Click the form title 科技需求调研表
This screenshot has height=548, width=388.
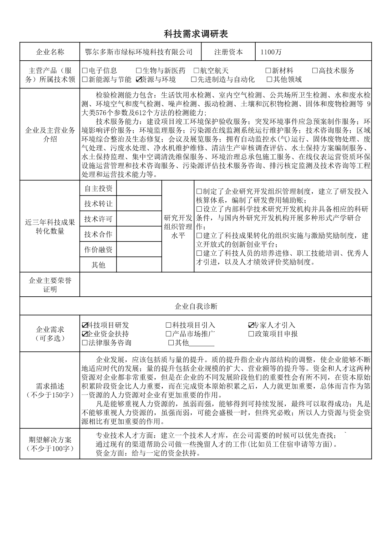[196, 34]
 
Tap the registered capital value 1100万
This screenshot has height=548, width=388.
[271, 52]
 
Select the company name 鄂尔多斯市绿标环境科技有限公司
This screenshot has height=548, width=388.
[139, 52]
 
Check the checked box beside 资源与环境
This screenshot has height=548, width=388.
[139, 80]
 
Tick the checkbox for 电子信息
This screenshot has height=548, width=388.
[85, 71]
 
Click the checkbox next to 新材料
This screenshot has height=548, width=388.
[268, 71]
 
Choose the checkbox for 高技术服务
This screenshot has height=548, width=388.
[315, 71]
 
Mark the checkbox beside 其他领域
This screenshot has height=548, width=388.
[269, 80]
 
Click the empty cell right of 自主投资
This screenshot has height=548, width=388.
[139, 189]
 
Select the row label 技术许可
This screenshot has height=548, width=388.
[98, 219]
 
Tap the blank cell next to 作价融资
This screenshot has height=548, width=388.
[139, 249]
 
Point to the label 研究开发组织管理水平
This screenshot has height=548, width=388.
[178, 226]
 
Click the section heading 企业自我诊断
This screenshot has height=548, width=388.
[196, 306]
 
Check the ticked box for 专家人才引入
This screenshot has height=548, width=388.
[251, 325]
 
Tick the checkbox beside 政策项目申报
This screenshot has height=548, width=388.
[251, 334]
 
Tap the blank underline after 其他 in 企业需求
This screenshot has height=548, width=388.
[202, 344]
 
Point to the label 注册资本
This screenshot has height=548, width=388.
[228, 52]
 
